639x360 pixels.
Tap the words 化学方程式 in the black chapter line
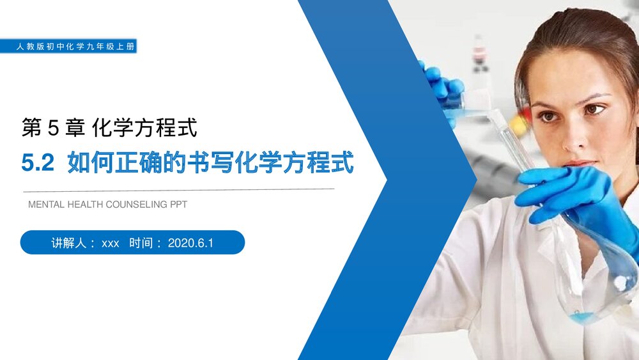pos(145,129)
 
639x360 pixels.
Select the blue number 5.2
pos(38,164)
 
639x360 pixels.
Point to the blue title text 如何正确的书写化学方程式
pos(210,164)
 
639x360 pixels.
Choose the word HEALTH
pos(84,205)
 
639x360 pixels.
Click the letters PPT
pos(178,205)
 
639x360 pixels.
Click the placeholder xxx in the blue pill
pos(111,244)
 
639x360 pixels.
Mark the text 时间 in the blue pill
pos(142,243)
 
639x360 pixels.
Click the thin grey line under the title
pos(179,190)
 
